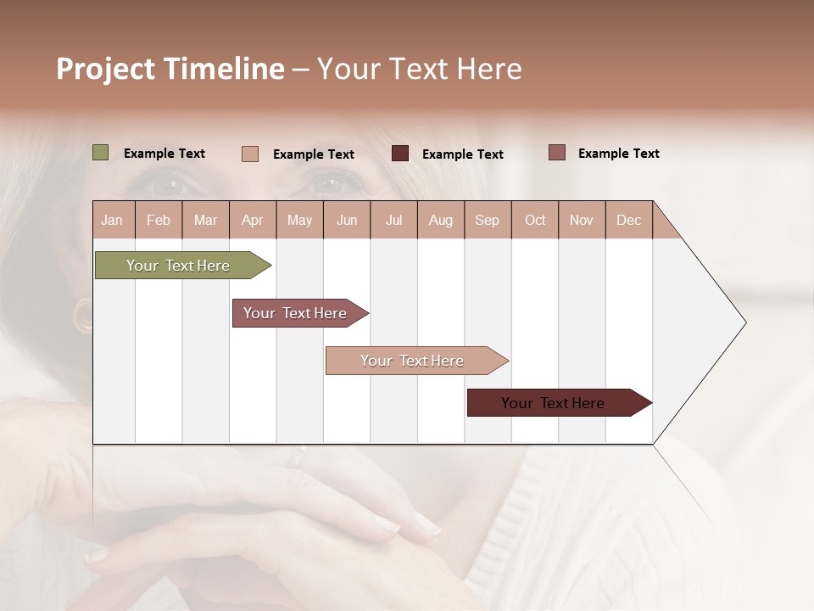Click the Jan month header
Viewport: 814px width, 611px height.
pyautogui.click(x=112, y=220)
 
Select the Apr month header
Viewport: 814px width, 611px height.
pyautogui.click(x=252, y=220)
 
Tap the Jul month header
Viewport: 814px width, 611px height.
pyautogui.click(x=393, y=220)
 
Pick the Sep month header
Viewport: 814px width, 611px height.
pyautogui.click(x=487, y=220)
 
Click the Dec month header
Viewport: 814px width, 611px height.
pyautogui.click(x=628, y=220)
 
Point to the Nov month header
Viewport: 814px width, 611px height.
pyautogui.click(x=581, y=220)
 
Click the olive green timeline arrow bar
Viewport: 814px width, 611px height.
pyautogui.click(x=178, y=266)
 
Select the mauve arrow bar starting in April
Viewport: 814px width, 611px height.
pyautogui.click(x=295, y=313)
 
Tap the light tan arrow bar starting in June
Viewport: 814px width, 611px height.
pyautogui.click(x=412, y=361)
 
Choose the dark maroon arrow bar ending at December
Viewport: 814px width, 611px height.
pyautogui.click(x=553, y=403)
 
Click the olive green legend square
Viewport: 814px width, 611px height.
pyautogui.click(x=101, y=153)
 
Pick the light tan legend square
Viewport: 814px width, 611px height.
pyautogui.click(x=250, y=154)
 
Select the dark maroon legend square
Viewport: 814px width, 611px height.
pyautogui.click(x=400, y=154)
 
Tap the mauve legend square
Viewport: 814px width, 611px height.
pyautogui.click(x=557, y=153)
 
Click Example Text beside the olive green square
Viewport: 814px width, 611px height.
pyautogui.click(x=164, y=154)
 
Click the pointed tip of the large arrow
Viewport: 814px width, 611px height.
pyautogui.click(x=744, y=322)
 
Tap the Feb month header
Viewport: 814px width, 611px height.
pyautogui.click(x=159, y=220)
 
